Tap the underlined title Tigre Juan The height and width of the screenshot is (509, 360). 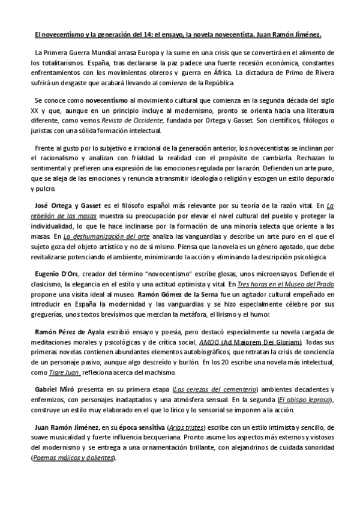tap(65, 372)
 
